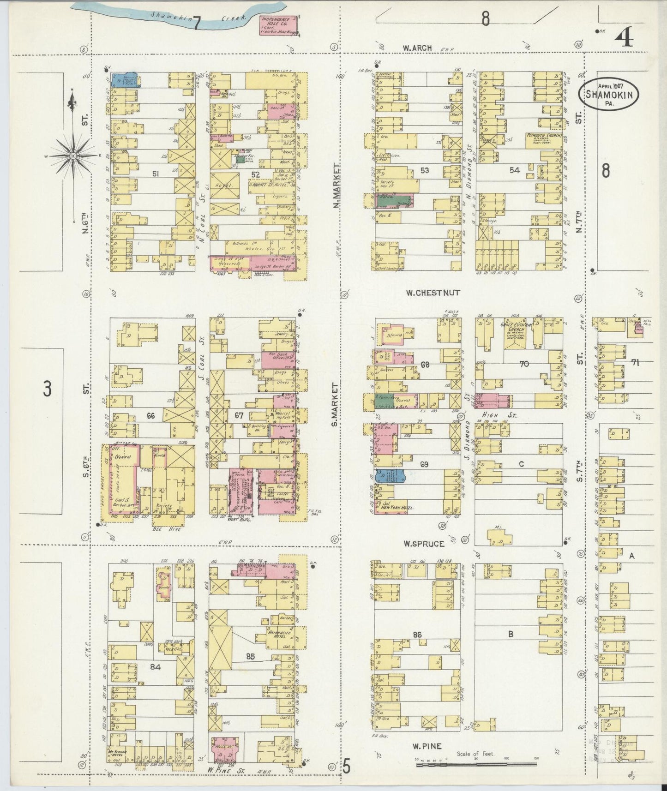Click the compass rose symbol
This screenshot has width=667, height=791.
[x=72, y=156]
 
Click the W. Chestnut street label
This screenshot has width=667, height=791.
[x=427, y=292]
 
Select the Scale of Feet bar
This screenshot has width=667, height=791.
[x=477, y=765]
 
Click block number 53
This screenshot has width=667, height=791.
[x=424, y=170]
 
